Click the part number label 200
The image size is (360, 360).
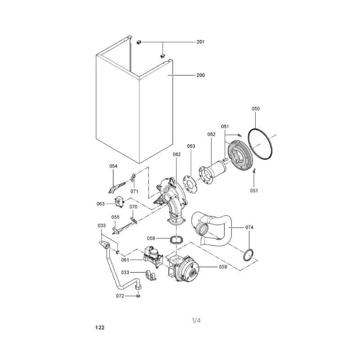(200, 75)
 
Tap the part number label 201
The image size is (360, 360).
(200, 42)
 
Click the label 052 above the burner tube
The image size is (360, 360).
(211, 134)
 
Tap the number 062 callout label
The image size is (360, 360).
(177, 154)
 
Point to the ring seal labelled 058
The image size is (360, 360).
(176, 240)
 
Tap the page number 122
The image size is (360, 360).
(100, 328)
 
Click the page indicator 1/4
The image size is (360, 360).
(196, 320)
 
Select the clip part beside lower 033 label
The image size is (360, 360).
(150, 275)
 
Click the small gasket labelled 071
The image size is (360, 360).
(133, 177)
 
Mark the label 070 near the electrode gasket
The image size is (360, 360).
(133, 207)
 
